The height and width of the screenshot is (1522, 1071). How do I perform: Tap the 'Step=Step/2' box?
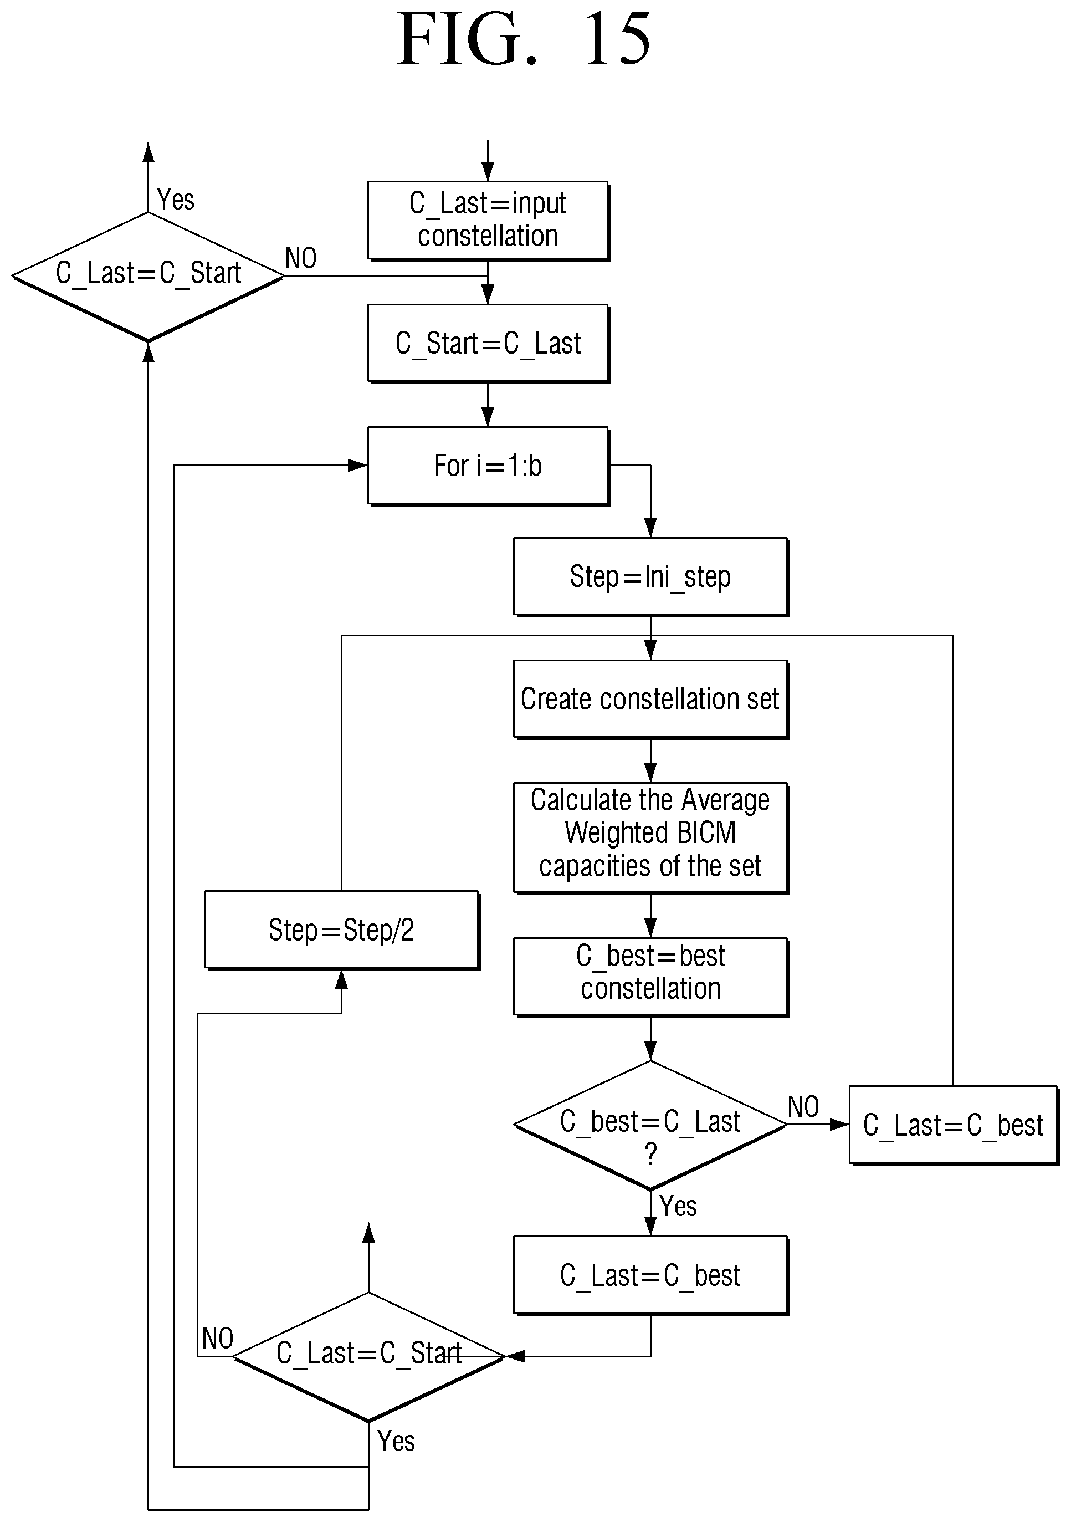coord(342,930)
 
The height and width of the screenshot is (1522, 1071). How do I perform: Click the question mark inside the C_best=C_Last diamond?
coord(651,1154)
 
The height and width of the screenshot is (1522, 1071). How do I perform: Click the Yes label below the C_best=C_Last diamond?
coord(678,1206)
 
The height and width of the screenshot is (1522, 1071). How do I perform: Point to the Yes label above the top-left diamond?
coord(176,200)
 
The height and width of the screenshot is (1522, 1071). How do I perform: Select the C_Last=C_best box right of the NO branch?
coord(954,1125)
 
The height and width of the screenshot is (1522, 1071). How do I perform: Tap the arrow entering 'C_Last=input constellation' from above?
coord(488,160)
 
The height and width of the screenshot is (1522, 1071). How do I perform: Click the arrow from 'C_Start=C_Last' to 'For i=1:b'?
coord(488,405)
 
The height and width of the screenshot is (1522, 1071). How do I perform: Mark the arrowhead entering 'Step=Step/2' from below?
coord(342,980)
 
